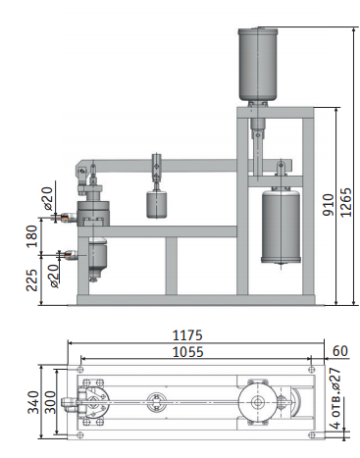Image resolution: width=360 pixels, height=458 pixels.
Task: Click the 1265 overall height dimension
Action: point(346,202)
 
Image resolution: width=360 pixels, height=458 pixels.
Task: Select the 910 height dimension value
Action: point(329,205)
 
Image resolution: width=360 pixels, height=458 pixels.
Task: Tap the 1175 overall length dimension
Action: point(187,335)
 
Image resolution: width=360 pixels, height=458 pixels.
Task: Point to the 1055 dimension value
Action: point(187,352)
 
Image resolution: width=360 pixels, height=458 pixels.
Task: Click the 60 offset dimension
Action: point(340,351)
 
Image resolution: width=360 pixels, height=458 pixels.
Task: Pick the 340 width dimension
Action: point(33,402)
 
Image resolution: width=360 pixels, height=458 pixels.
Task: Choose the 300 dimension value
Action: point(50,402)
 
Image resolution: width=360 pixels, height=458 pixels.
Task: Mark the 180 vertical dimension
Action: point(31,236)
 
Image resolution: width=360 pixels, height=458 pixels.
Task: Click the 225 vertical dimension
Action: point(31,280)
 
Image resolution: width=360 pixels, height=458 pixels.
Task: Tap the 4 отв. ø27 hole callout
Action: point(335,398)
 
